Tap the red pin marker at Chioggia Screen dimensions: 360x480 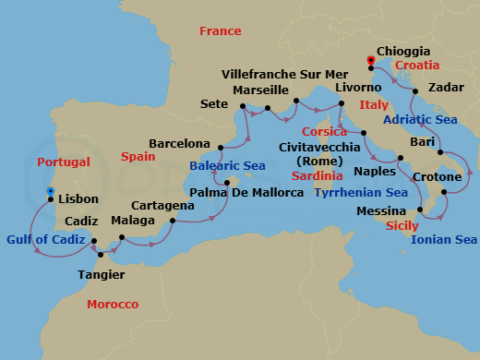coord(371,61)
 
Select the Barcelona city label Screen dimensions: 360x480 coord(180,144)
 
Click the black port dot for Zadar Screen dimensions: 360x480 coord(415,90)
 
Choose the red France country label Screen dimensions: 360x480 coord(220,31)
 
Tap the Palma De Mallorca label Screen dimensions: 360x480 coord(246,192)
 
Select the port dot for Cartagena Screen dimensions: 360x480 coord(173,221)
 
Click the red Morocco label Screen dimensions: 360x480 coord(113,305)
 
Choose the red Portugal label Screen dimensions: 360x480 coord(64,162)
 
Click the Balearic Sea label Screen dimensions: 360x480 coord(227,166)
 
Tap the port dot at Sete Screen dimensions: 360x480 coord(242,107)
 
